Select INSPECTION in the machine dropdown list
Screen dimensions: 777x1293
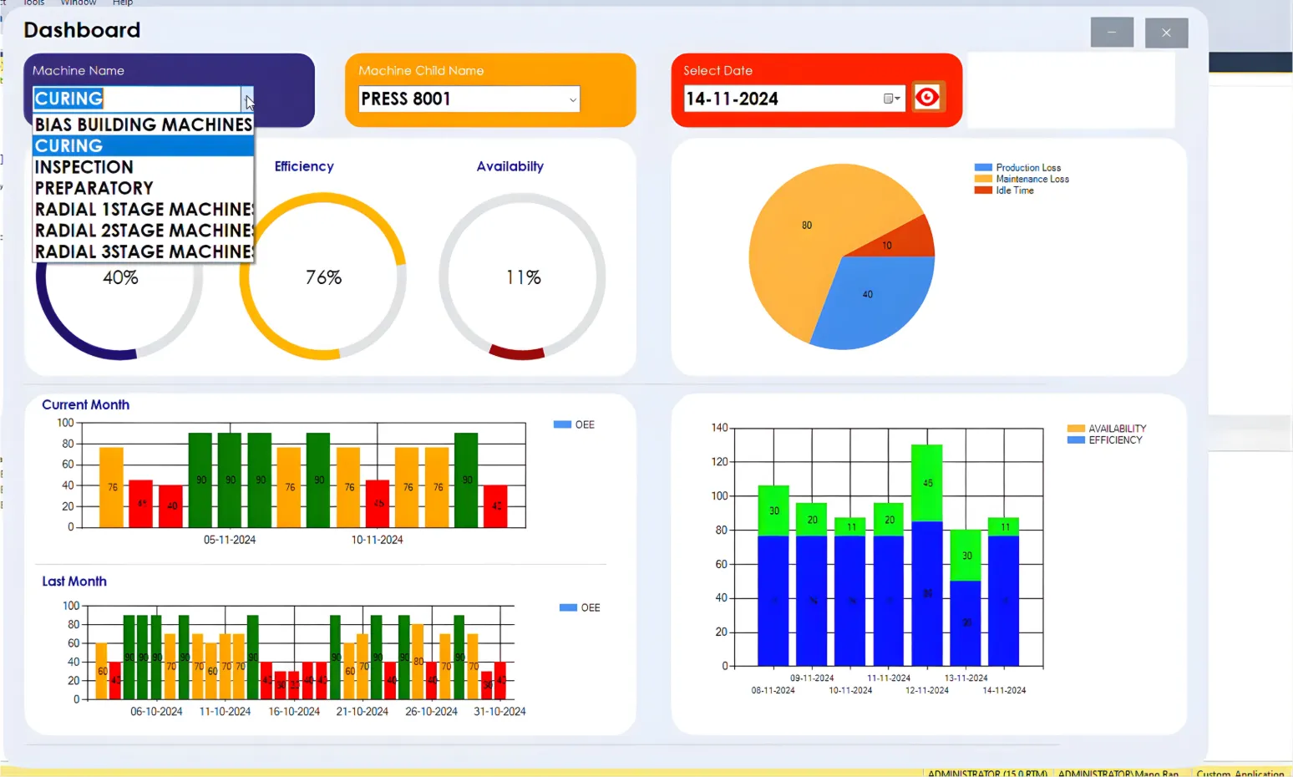84,167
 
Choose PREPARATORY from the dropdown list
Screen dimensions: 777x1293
94,188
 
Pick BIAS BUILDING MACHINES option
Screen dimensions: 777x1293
143,124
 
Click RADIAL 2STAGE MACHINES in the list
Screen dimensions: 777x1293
143,231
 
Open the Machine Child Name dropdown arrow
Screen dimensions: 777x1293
572,99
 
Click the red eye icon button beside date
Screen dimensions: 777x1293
927,98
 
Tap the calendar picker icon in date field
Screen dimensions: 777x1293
891,99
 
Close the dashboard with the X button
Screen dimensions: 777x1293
1166,33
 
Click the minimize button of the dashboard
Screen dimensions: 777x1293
1112,33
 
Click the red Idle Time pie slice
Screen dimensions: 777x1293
908,240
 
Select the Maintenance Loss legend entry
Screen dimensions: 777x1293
1032,179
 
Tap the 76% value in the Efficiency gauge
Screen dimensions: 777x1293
323,277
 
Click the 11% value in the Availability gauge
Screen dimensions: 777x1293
524,277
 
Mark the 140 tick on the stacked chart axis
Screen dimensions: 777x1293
719,428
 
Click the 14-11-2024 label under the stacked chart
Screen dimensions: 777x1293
1004,691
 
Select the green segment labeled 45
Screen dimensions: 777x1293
927,483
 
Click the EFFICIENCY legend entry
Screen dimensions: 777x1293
1114,440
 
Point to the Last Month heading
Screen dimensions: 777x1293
74,581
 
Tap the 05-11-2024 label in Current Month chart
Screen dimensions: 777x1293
230,541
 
